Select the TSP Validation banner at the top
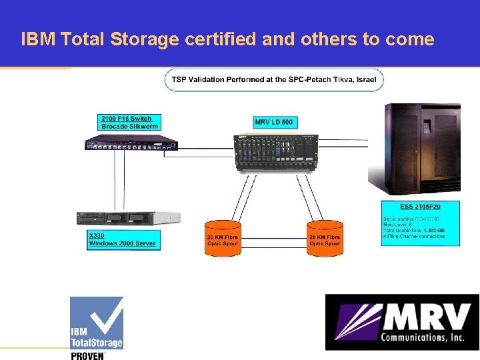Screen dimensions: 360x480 click(x=274, y=80)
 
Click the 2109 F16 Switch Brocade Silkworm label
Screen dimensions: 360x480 click(x=126, y=122)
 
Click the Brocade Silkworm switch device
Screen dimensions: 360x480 click(x=131, y=142)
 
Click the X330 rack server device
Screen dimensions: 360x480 click(x=129, y=218)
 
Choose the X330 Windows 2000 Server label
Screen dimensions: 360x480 click(x=123, y=240)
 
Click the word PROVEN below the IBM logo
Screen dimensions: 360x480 click(x=87, y=355)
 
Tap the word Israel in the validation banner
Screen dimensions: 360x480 click(x=365, y=80)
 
